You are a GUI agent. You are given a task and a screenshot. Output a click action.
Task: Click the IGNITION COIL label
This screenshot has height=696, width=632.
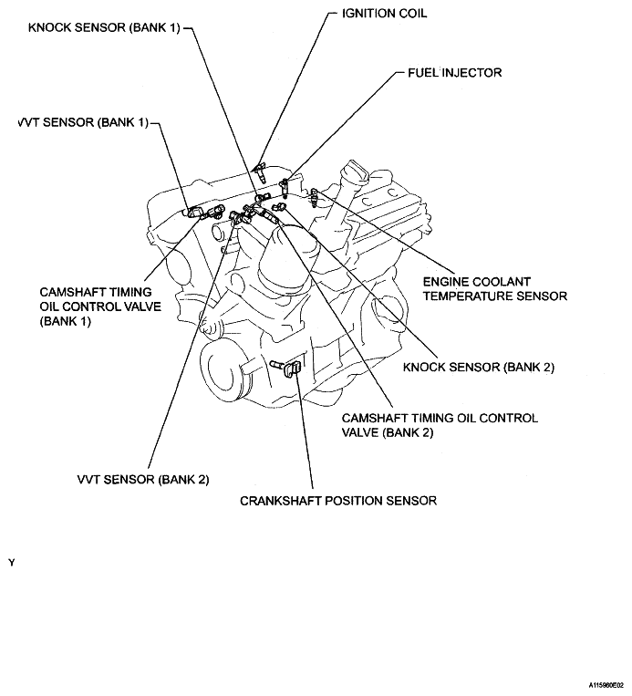[383, 14]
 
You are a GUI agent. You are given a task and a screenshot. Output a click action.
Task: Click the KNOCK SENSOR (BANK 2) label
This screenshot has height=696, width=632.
[479, 368]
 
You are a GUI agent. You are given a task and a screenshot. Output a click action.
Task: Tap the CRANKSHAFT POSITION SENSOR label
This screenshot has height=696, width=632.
[338, 501]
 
